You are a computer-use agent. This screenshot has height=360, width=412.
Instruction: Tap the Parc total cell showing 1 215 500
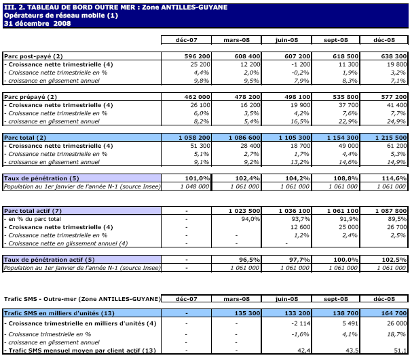coord(389,138)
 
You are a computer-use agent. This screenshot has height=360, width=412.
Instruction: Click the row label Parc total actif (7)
coord(33,211)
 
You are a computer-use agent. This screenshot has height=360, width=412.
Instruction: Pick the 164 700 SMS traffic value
coord(393,314)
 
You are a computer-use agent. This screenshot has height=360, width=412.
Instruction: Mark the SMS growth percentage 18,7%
coord(396,334)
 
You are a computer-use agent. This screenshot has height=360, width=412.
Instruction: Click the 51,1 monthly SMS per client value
coord(399,351)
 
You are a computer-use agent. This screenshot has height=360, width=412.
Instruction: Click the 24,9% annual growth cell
coord(396,121)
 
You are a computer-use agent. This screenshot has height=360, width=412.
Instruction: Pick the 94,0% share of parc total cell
coord(250,219)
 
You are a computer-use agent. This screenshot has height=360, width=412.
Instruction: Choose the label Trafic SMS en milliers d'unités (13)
coord(54,314)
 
